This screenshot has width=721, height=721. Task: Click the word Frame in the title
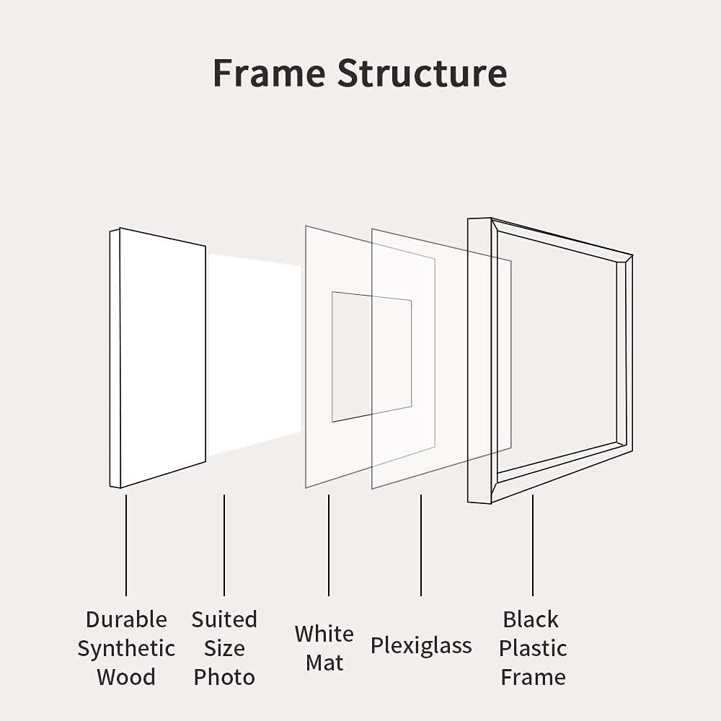270,73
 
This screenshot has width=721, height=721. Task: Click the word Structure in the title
422,73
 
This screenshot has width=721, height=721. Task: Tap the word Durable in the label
126,619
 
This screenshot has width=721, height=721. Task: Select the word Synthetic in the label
126,650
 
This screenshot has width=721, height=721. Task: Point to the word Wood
126,677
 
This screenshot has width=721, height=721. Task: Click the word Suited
224,619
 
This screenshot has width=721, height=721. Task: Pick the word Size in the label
224,648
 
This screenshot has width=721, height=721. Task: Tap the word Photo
224,677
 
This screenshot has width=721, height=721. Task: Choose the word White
324,634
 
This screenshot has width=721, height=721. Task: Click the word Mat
324,663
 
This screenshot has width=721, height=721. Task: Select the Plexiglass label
421,646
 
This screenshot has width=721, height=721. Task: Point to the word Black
531,619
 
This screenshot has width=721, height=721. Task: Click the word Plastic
533,648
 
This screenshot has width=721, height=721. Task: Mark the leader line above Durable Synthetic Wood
126,545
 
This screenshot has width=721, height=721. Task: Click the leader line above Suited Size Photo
224,545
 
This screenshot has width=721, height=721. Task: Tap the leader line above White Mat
328,545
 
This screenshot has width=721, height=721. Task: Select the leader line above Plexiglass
421,545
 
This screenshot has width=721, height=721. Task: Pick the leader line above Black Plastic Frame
533,545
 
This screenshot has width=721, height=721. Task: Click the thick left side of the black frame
479,360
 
